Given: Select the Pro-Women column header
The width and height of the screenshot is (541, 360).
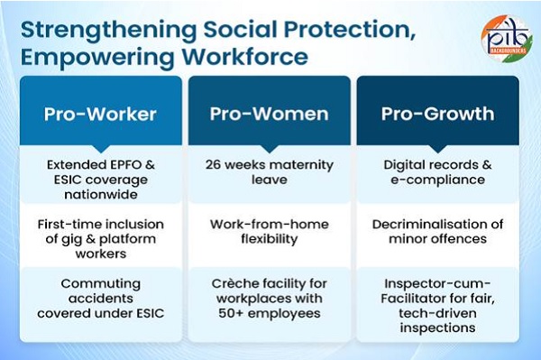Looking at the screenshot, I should pyautogui.click(x=270, y=114).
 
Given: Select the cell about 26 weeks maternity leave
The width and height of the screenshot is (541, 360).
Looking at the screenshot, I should pyautogui.click(x=270, y=172).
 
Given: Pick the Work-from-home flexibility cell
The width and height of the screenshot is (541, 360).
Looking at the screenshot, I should pyautogui.click(x=270, y=231).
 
